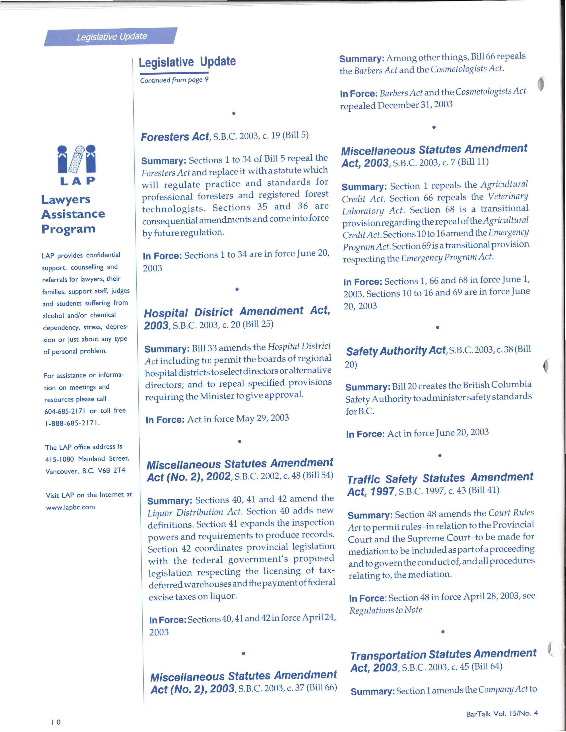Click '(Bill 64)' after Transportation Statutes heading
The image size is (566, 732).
point(487,666)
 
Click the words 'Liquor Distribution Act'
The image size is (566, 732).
point(195,513)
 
